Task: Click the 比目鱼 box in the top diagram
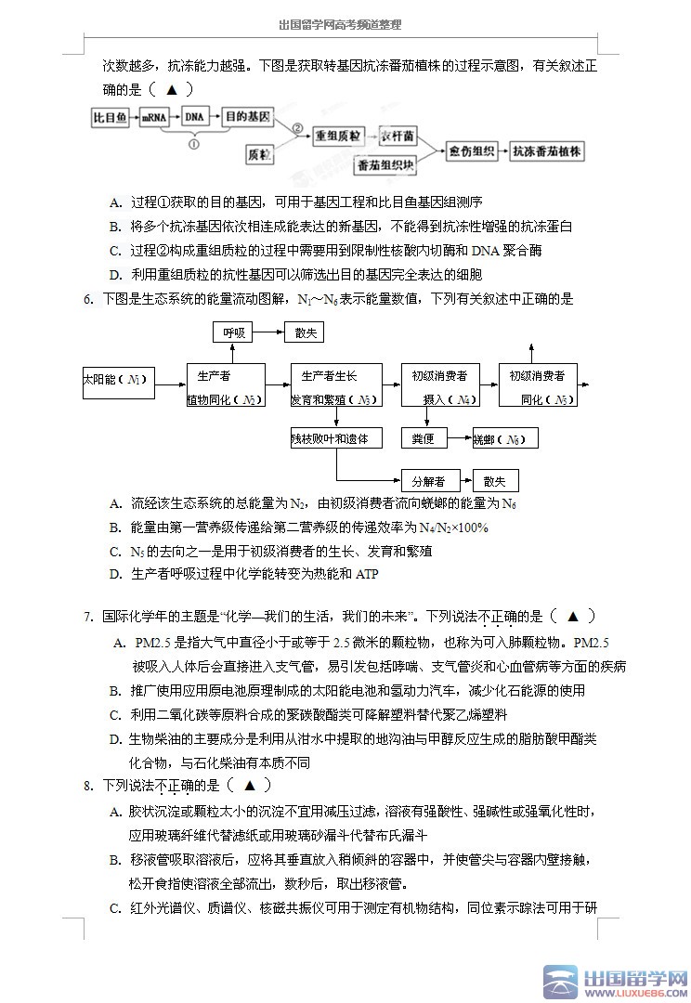tap(110, 118)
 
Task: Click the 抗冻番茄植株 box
tap(547, 150)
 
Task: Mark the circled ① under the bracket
tap(194, 144)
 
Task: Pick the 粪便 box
tap(424, 438)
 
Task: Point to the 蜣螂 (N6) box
tap(504, 438)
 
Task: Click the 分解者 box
tap(427, 481)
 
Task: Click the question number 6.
tap(88, 299)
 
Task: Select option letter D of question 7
tap(115, 739)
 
